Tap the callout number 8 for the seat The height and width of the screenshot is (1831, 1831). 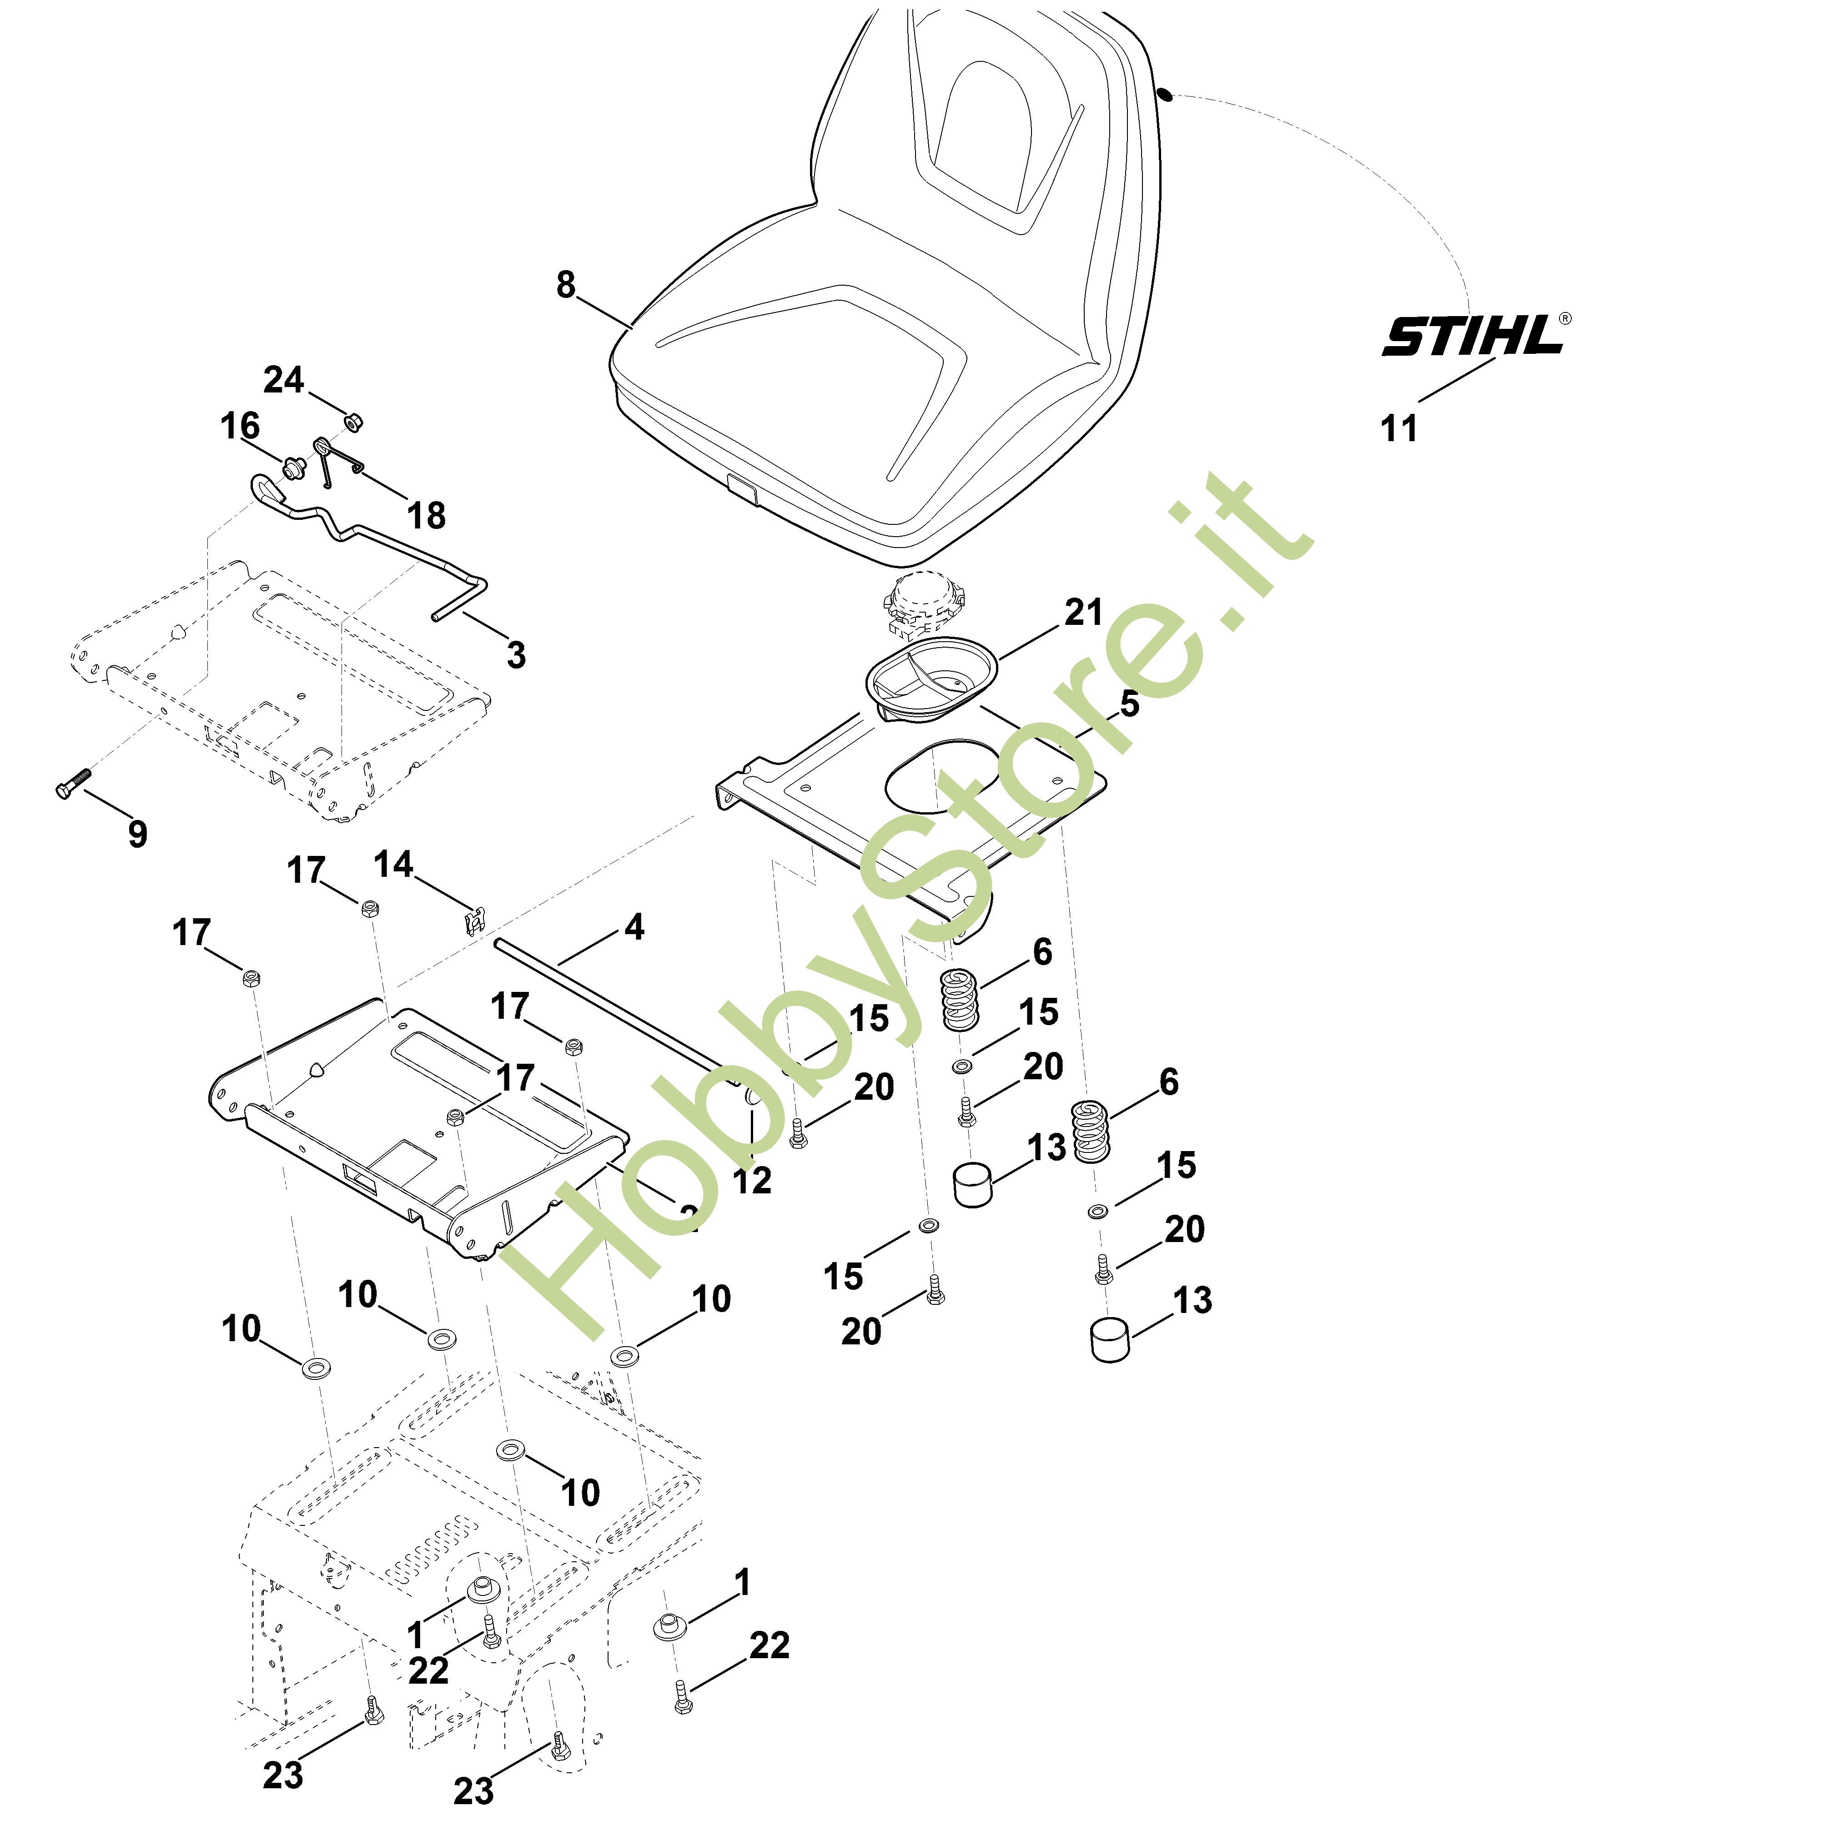[566, 284]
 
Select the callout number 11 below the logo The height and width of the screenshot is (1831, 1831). [1399, 428]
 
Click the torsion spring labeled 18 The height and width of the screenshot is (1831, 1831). [332, 460]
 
